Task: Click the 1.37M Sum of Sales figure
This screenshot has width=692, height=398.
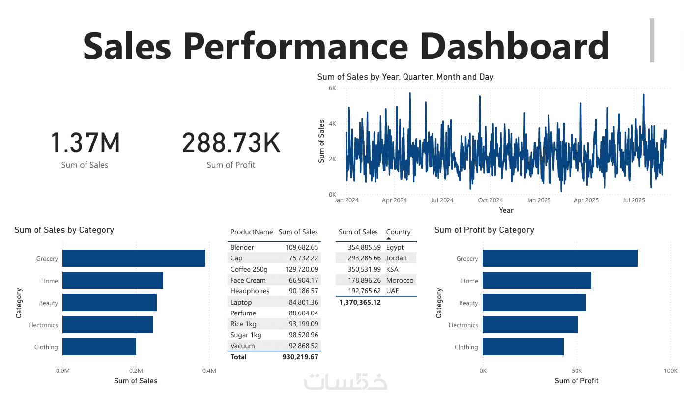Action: coord(85,143)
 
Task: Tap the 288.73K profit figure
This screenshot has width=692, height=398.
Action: coord(231,143)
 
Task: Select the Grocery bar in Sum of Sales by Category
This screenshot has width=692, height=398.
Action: coord(134,258)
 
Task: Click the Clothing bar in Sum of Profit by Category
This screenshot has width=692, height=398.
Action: coord(523,347)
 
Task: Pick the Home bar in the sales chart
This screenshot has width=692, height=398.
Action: coord(113,281)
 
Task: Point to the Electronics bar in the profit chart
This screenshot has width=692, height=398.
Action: coord(530,325)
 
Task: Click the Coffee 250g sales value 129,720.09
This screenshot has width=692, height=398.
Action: coord(298,269)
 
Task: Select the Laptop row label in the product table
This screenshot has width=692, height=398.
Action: coord(241,302)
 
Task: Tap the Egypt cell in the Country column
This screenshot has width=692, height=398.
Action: coord(395,247)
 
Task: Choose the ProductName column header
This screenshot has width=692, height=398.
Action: coord(251,232)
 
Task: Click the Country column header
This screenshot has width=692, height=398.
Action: coord(398,232)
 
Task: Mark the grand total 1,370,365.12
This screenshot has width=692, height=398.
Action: coord(360,302)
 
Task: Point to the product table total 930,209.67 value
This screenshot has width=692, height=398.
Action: coord(300,357)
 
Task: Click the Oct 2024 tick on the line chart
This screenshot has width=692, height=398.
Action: coord(490,200)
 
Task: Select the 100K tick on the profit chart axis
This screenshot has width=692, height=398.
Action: coord(670,370)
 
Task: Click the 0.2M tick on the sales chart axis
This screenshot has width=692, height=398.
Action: coord(136,370)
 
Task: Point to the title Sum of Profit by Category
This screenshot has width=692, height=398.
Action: coord(484,230)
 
